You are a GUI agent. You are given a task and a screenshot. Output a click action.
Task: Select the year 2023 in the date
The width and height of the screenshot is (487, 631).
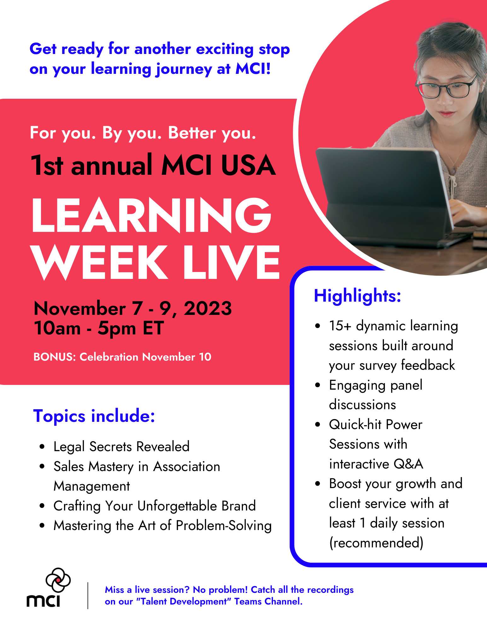[x=208, y=308]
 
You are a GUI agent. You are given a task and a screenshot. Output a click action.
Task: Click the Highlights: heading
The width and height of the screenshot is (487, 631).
[x=357, y=296]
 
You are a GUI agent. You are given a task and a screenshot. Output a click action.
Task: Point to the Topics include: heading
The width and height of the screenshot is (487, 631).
[x=94, y=416]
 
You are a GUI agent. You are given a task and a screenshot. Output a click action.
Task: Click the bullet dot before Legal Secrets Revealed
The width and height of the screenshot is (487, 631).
[x=42, y=447]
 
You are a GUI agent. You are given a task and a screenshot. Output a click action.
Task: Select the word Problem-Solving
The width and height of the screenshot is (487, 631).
[x=224, y=526]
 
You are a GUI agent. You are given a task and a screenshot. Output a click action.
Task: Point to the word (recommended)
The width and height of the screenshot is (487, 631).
[x=376, y=543]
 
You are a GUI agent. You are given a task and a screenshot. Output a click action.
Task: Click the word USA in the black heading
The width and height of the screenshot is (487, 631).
[x=248, y=165]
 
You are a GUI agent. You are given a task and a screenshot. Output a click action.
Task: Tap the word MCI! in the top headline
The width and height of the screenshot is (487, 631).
[x=253, y=68]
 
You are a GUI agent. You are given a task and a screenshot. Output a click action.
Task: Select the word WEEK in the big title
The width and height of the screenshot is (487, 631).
[x=99, y=262]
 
